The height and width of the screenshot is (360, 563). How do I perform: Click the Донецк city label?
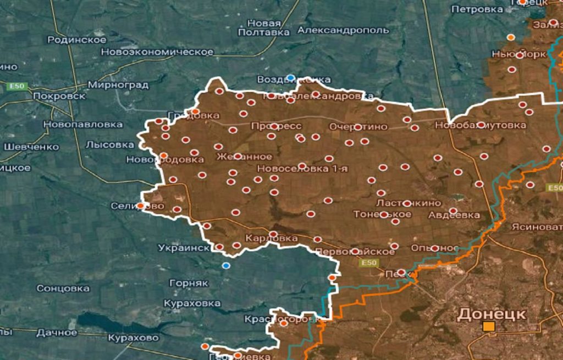[492, 314]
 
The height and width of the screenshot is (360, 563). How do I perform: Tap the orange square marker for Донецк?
[488, 327]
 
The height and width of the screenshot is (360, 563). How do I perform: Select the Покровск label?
[59, 96]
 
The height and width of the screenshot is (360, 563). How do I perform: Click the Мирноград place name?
[118, 85]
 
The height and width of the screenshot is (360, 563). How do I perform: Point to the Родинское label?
[77, 40]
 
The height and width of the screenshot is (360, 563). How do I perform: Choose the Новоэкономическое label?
[157, 52]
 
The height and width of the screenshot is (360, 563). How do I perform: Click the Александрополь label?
[343, 30]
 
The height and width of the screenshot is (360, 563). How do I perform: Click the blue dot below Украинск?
[225, 265]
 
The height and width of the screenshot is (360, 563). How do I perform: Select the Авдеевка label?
[454, 215]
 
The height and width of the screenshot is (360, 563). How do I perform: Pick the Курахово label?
[134, 337]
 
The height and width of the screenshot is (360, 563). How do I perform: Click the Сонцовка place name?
[63, 288]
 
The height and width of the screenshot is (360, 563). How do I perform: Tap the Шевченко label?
[31, 147]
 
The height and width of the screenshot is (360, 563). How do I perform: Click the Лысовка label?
[110, 145]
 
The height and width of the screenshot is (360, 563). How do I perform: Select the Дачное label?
[57, 333]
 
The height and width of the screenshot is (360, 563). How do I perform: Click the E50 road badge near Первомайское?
[368, 263]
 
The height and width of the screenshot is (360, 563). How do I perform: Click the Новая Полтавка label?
[264, 27]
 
